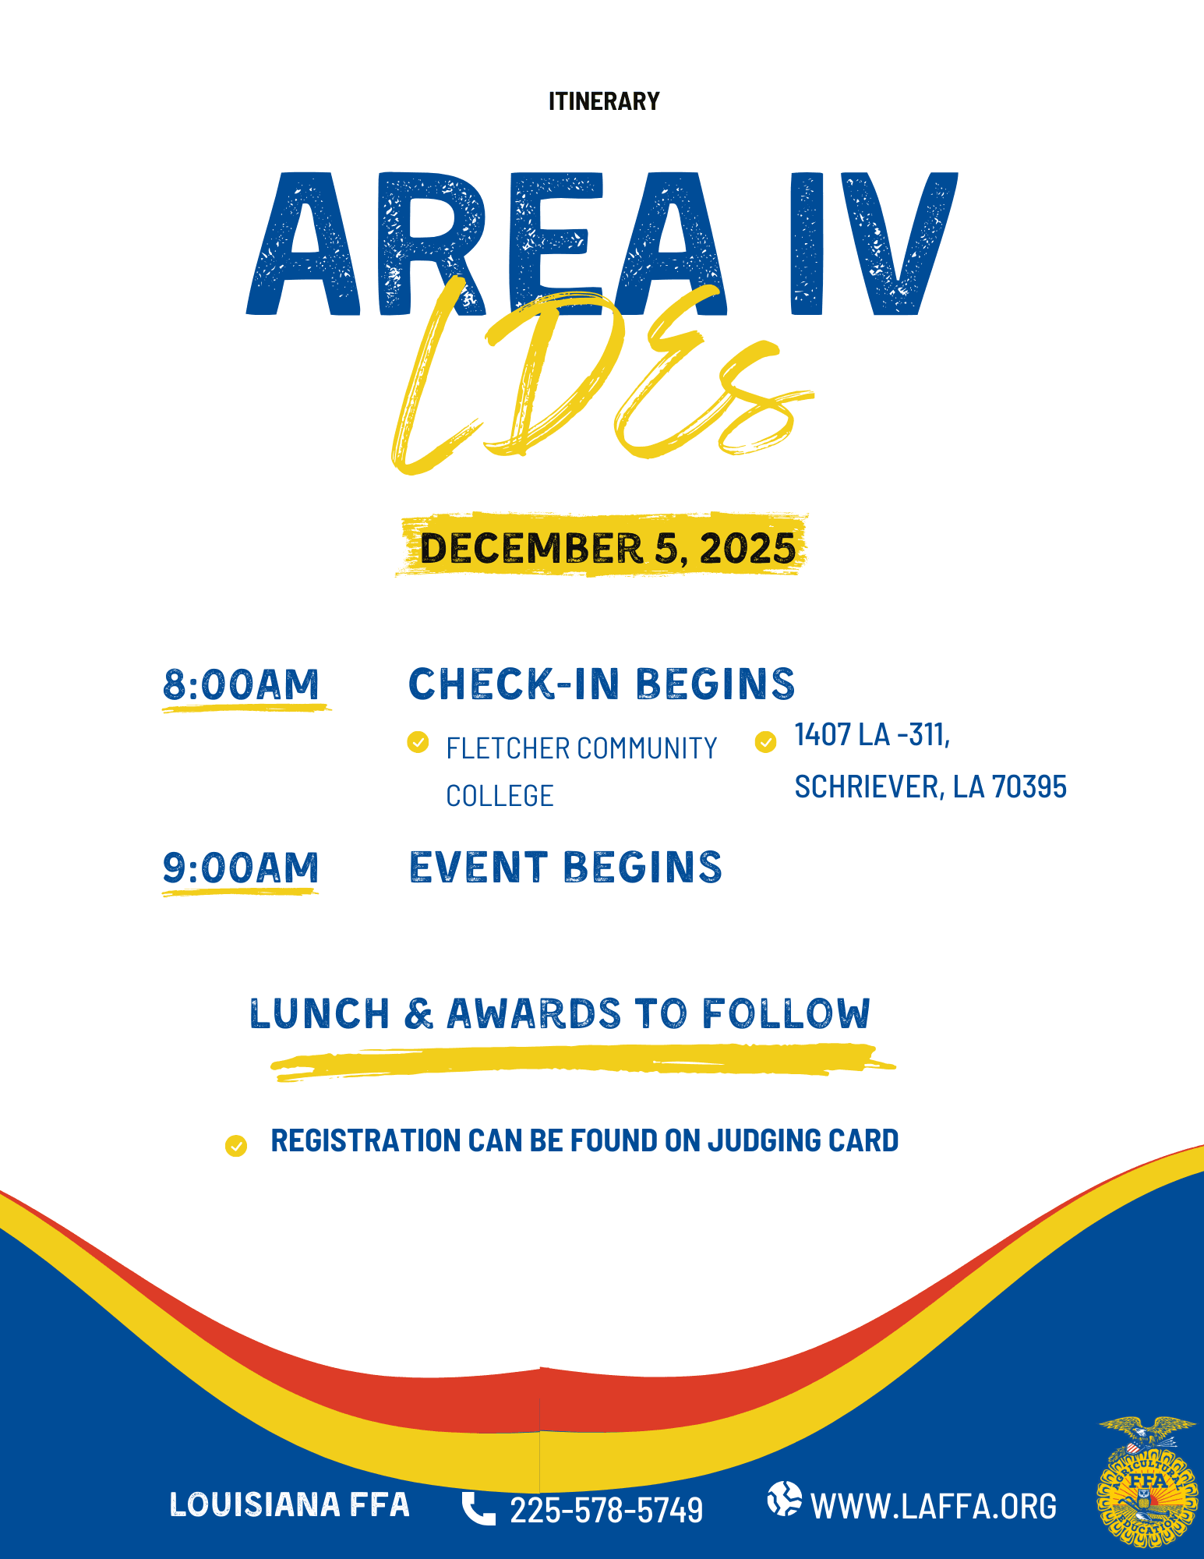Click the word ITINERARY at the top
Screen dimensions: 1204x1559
point(604,101)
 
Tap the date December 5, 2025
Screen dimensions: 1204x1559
point(608,548)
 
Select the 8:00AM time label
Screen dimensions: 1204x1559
point(241,684)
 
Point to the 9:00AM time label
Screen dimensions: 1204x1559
point(241,868)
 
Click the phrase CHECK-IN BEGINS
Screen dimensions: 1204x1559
point(602,684)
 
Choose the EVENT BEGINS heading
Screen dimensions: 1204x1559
point(566,868)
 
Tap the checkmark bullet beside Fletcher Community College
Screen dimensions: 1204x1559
point(418,742)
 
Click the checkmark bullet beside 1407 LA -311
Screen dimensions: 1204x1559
point(766,742)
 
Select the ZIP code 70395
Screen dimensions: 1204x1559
point(1029,787)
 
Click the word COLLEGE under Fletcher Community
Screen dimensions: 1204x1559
point(500,796)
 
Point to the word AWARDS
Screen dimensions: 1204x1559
point(534,1013)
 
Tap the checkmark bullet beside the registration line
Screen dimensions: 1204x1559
point(236,1145)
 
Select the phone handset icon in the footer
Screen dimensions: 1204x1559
point(478,1508)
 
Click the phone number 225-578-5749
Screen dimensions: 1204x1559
point(606,1510)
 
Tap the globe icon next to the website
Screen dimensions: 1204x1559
point(784,1499)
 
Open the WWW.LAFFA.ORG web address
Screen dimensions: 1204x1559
point(934,1507)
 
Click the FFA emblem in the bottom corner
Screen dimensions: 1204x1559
point(1146,1482)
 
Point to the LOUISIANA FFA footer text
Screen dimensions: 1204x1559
point(289,1504)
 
